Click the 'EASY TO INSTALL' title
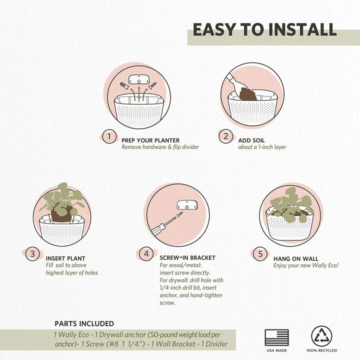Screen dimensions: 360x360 [264, 29]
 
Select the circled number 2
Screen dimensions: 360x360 [225, 136]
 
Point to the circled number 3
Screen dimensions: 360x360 [32, 254]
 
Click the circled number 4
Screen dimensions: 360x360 [146, 254]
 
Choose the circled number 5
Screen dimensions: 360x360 [260, 254]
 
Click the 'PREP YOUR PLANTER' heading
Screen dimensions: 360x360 [150, 140]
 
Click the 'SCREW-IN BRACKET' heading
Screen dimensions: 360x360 [187, 257]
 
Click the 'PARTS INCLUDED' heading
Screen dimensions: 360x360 [84, 323]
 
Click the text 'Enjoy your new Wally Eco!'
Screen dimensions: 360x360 [305, 265]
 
